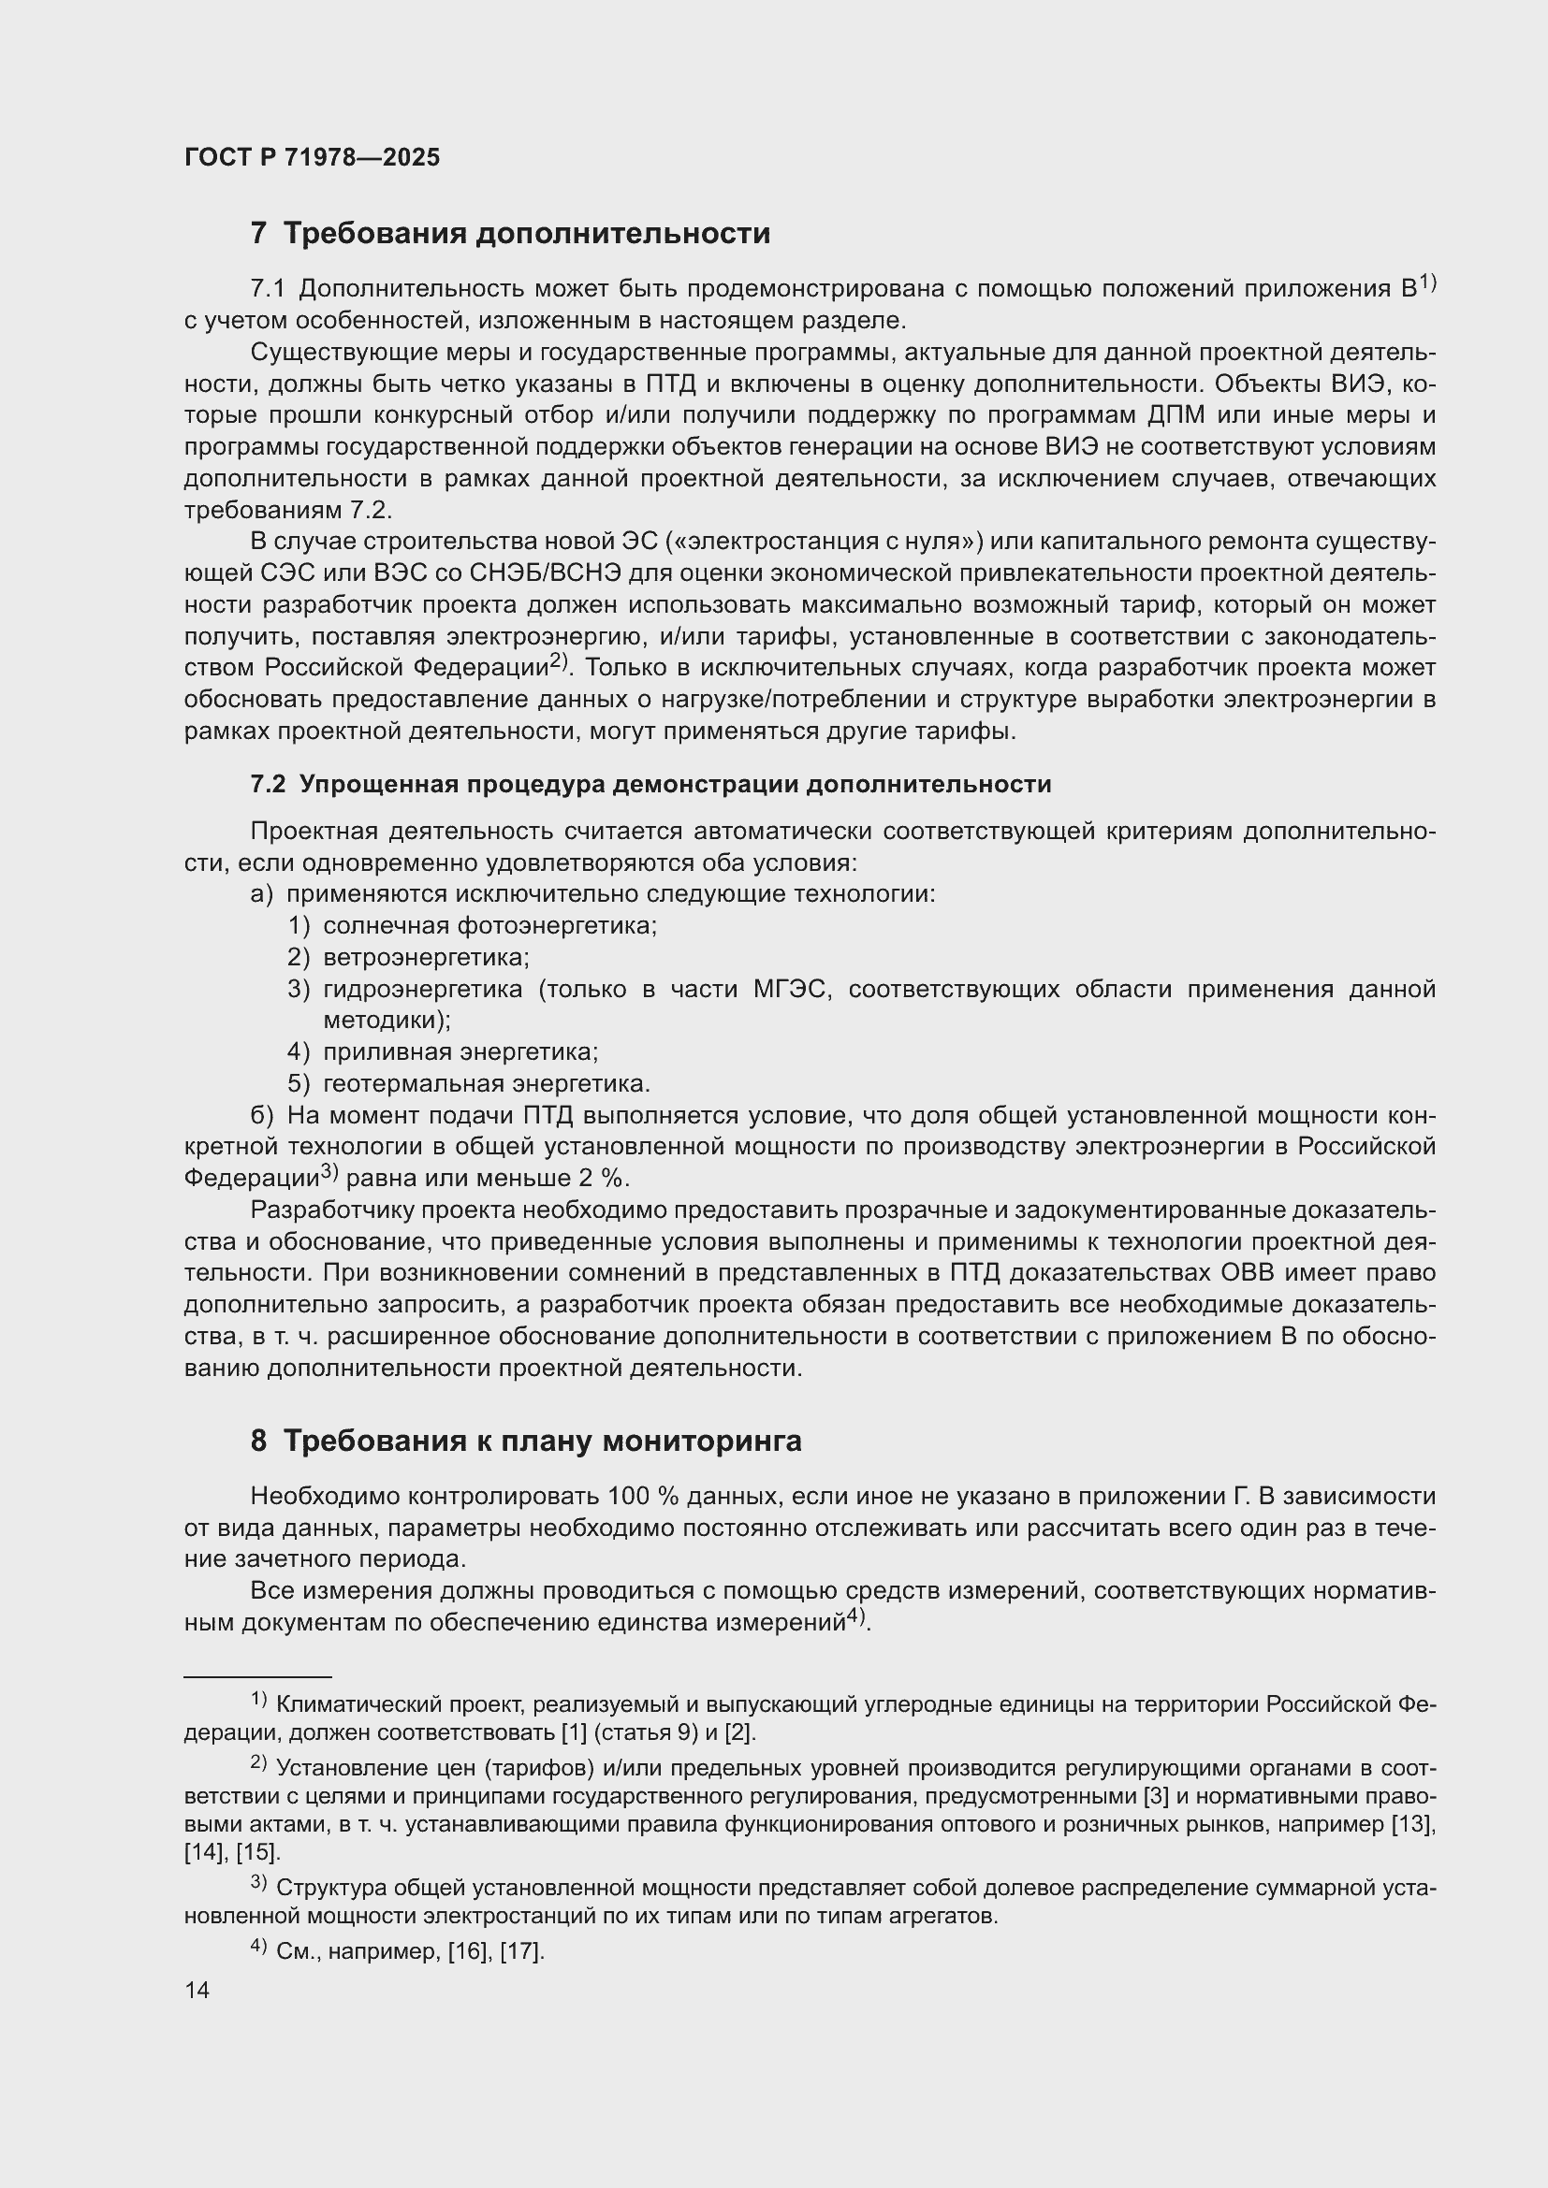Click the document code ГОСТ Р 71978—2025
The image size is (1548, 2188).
(312, 158)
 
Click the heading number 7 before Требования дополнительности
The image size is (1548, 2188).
(258, 234)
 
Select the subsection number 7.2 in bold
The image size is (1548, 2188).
(267, 784)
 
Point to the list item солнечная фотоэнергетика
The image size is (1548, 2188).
(489, 925)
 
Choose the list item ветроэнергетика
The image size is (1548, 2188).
(426, 957)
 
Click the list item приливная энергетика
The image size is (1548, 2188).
(460, 1052)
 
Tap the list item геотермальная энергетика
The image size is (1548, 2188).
(486, 1083)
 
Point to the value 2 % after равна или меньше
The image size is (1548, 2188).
(602, 1179)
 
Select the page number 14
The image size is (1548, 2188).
(197, 1991)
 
